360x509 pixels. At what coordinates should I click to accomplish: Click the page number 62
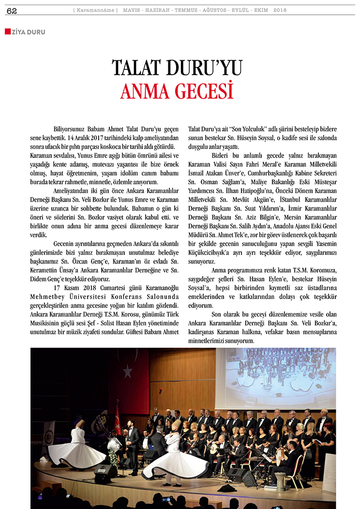[x=12, y=11]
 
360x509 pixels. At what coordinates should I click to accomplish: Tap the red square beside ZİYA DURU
[x=7, y=32]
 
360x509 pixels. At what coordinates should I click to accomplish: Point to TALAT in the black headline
[x=141, y=68]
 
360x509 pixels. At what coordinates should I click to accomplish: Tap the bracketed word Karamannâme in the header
[x=96, y=10]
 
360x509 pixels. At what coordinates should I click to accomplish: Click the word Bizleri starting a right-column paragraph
[x=223, y=156]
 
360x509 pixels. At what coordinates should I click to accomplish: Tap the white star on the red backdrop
[x=128, y=371]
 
